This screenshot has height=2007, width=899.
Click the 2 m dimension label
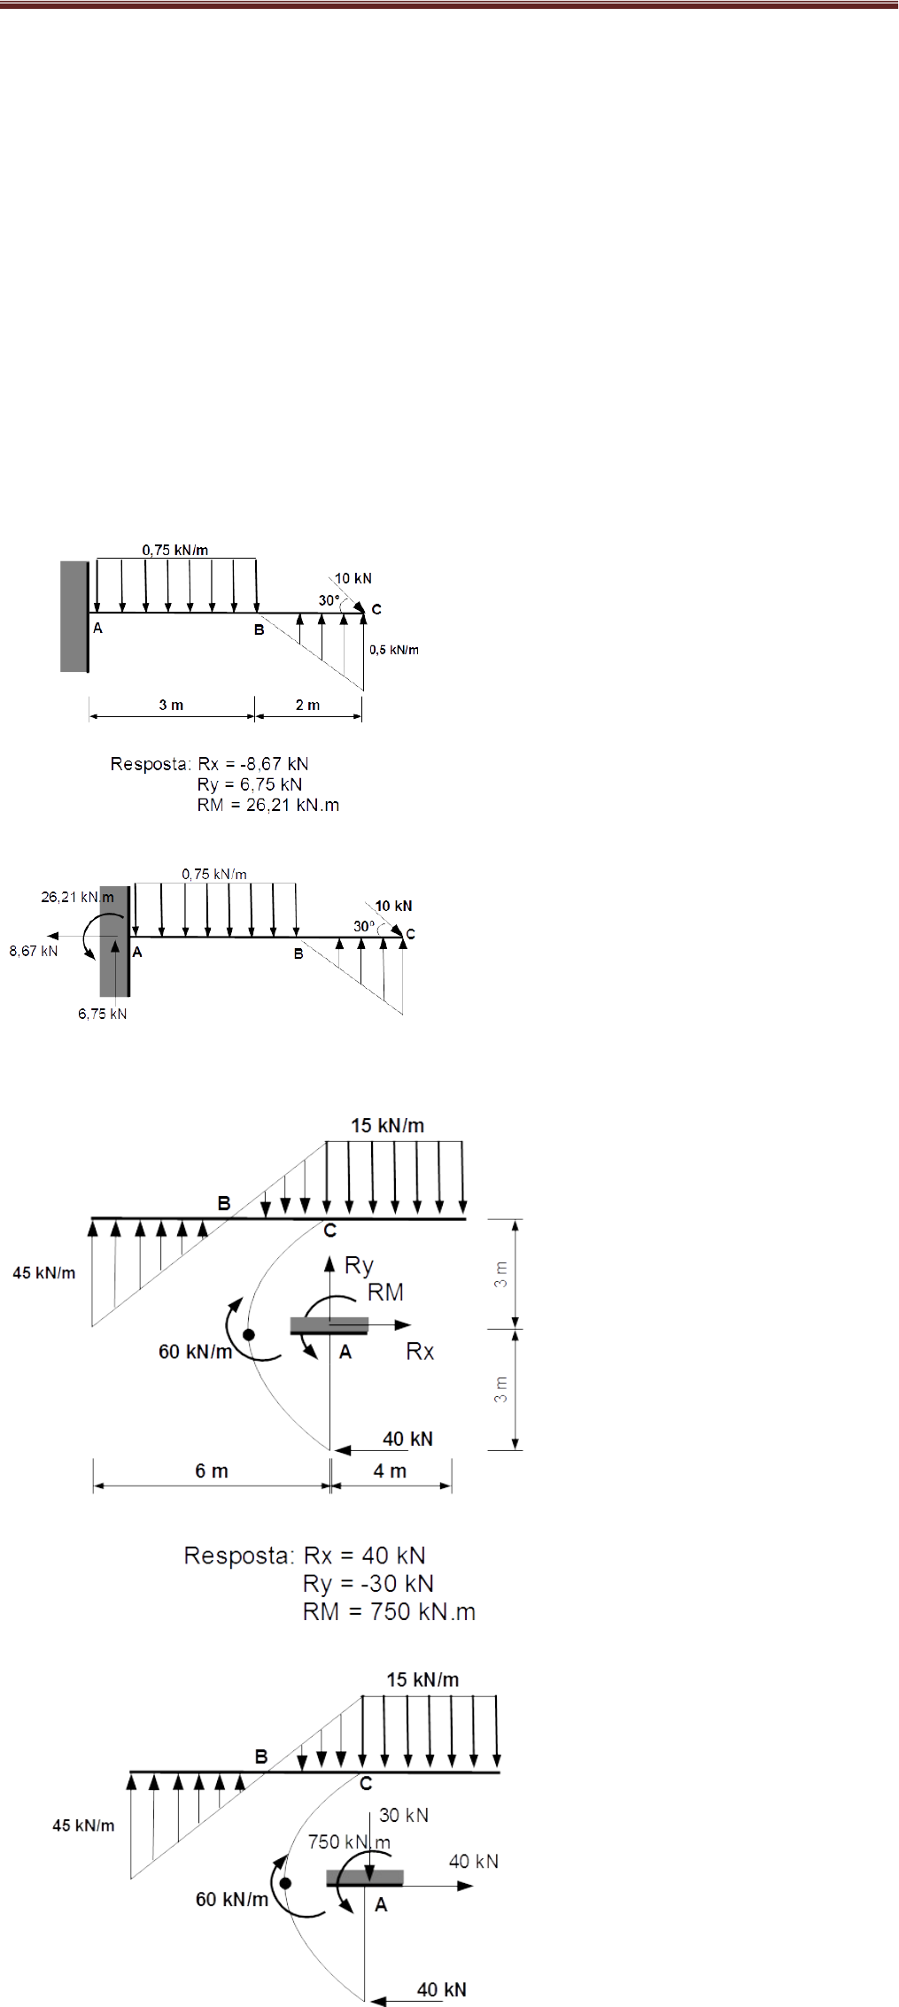307,705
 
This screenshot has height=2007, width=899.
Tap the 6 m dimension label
212,1471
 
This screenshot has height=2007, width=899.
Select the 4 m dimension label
390,1471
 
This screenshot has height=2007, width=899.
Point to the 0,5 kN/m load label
394,650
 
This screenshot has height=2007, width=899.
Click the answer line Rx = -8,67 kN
253,764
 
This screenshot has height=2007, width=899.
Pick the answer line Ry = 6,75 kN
250,784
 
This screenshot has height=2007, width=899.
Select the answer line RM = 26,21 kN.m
268,805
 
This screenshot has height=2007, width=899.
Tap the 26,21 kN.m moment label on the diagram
77,897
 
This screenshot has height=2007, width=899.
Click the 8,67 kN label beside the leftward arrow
34,951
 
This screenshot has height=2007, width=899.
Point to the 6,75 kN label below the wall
103,1014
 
